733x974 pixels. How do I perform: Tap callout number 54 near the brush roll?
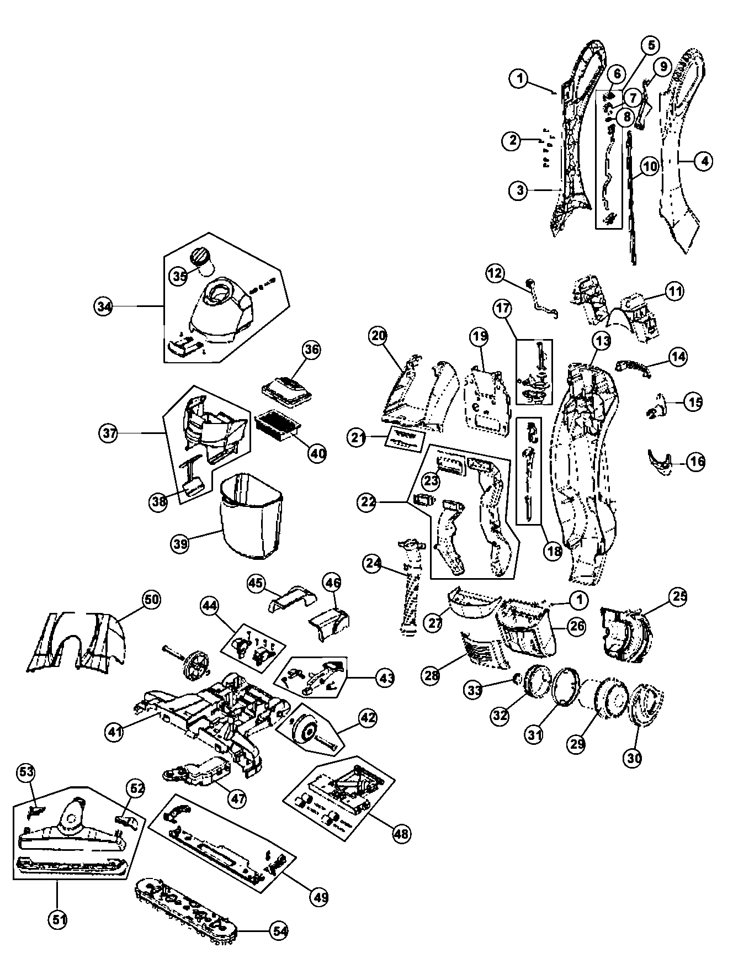(278, 929)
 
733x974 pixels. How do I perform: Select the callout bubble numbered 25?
(679, 596)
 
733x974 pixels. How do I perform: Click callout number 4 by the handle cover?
(703, 161)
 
